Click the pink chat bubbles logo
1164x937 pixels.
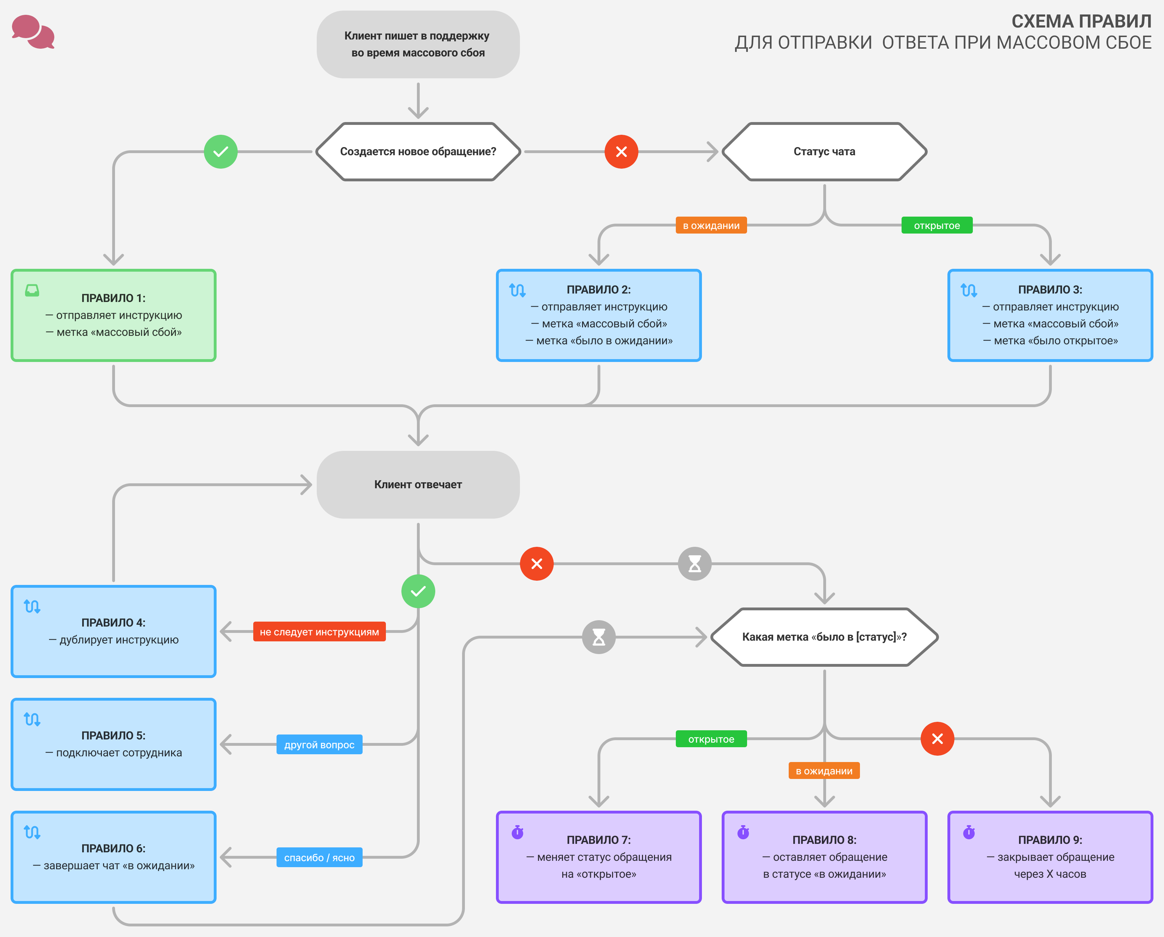point(33,32)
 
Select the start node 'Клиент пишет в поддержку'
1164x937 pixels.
point(418,44)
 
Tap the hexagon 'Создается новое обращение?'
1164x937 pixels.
point(418,152)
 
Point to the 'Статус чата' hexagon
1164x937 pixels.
point(824,152)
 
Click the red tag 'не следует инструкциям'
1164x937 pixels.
point(319,632)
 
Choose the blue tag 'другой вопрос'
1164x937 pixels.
point(319,745)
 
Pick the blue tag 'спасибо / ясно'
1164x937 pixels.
point(319,858)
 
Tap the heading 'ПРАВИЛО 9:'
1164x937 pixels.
point(1050,840)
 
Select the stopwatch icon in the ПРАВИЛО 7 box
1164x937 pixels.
point(517,832)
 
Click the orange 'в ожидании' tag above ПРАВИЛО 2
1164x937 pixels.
point(711,225)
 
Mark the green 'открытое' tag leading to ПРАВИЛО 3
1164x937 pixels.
point(937,225)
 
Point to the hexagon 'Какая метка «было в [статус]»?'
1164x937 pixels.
point(824,637)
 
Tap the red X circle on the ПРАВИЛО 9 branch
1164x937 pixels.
point(937,739)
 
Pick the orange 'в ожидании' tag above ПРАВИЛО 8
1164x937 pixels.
point(824,771)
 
